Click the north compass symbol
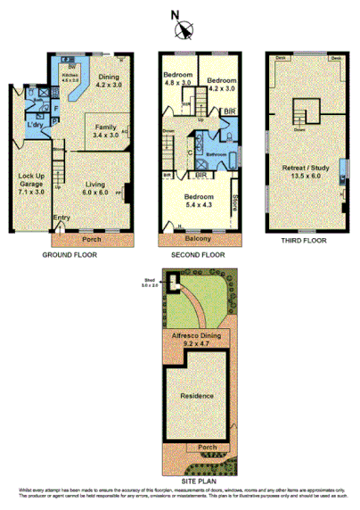[x=183, y=29]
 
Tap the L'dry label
[x=36, y=124]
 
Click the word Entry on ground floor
[x=61, y=218]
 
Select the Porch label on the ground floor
[x=92, y=239]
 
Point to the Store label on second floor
[x=235, y=205]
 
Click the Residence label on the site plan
[x=198, y=395]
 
